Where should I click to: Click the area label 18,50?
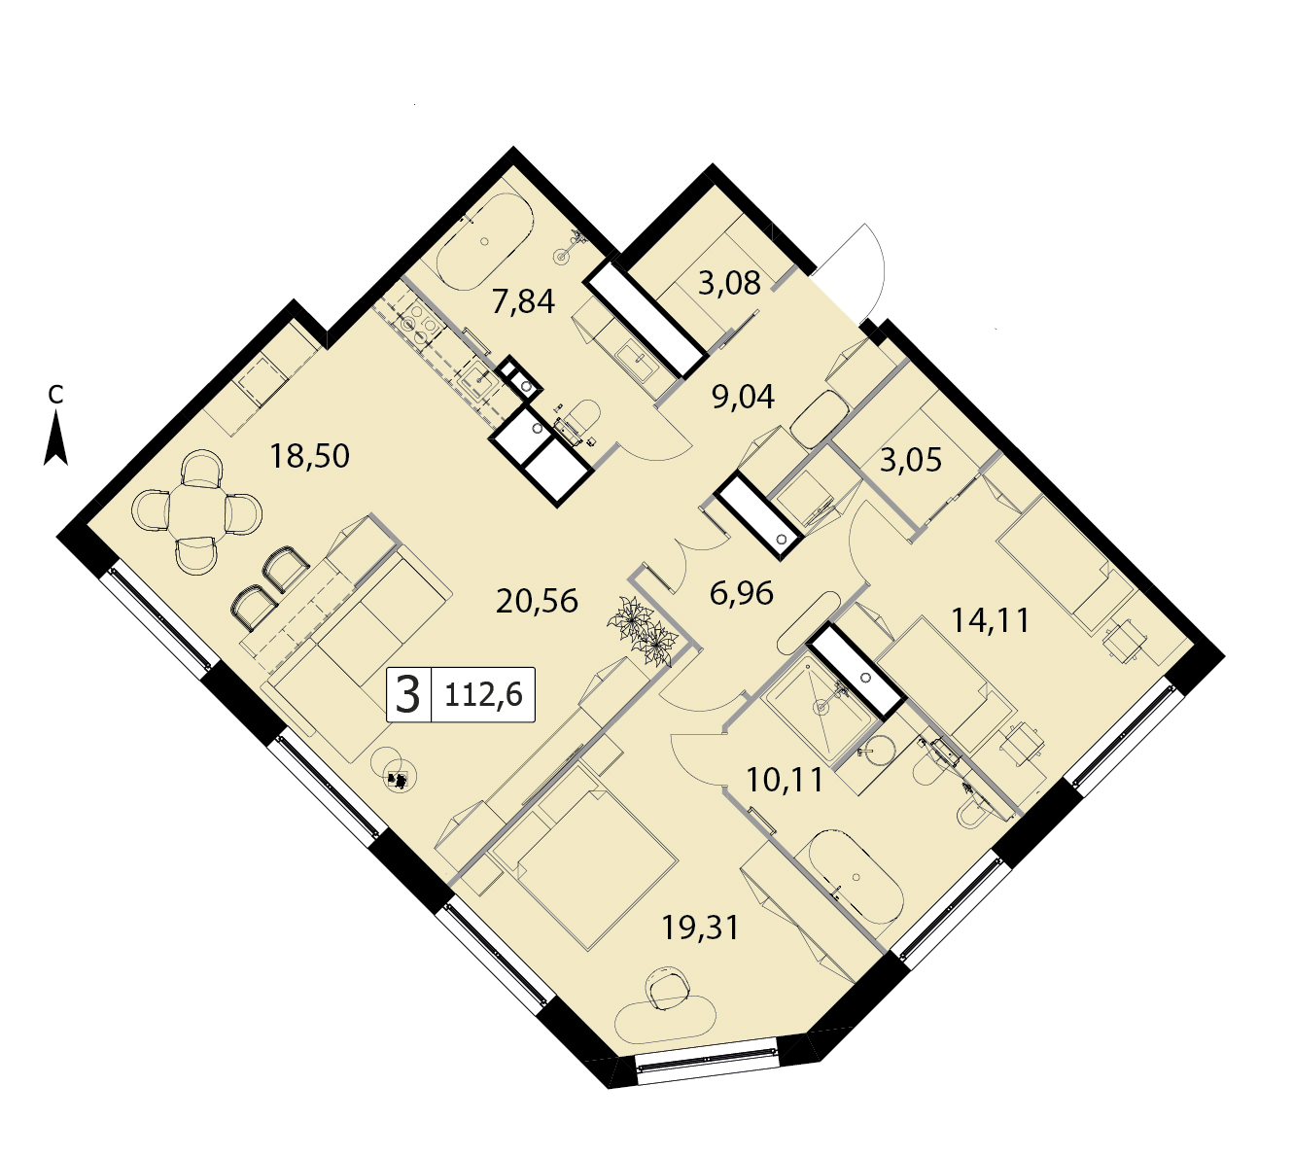309,457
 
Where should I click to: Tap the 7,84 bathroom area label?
523,301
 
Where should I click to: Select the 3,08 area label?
729,284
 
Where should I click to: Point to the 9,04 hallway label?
743,397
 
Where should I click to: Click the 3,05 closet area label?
911,460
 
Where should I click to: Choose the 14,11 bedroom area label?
991,620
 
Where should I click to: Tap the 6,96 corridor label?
742,594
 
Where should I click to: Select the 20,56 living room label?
538,601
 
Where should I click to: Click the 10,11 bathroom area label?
785,780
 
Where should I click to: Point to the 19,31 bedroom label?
701,928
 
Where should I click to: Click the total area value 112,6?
483,694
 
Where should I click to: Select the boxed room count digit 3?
408,695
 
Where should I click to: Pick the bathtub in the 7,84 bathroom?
485,242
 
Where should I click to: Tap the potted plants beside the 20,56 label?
640,631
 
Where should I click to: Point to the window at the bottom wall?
709,1068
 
